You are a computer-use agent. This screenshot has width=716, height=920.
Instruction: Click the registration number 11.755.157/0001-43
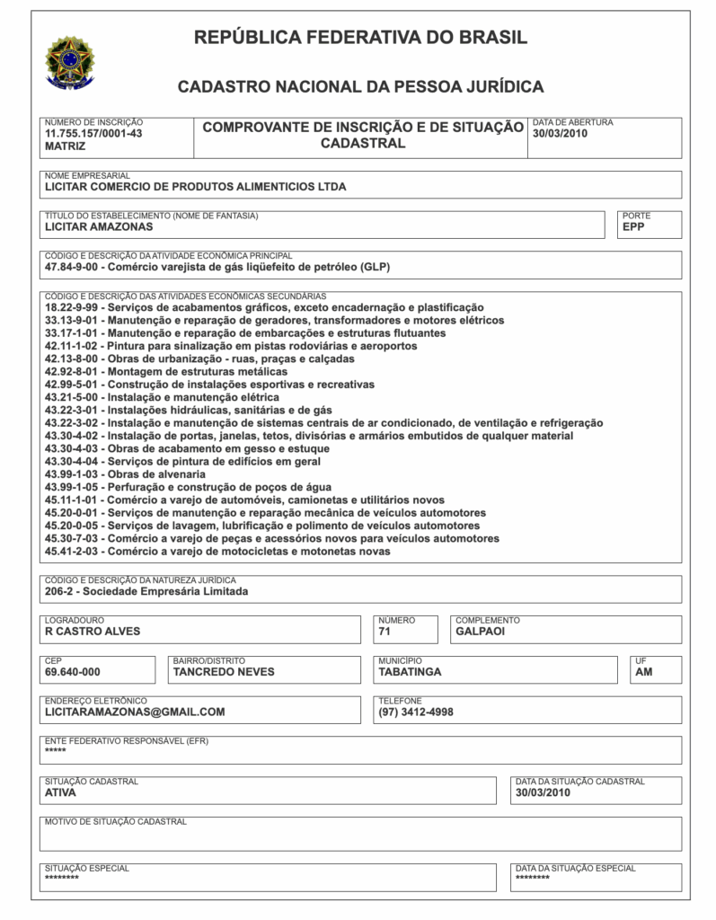93,133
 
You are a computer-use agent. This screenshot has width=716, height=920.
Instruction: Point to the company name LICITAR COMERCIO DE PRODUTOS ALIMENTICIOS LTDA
195,187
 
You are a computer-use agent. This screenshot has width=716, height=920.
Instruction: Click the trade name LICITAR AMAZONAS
99,226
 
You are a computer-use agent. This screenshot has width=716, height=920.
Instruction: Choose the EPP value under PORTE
634,226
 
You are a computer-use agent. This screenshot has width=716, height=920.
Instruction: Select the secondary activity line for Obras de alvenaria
125,473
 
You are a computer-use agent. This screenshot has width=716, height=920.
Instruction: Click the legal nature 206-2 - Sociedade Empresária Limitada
146,591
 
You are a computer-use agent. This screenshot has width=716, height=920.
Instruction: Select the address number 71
385,631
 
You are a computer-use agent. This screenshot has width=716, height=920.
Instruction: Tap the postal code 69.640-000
73,671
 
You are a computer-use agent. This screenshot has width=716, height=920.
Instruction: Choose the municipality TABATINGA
410,671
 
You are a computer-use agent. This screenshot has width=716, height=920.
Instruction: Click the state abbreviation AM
644,671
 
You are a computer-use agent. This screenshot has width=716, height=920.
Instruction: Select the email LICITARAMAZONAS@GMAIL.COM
135,712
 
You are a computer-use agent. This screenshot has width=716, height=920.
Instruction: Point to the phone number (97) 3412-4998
416,712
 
